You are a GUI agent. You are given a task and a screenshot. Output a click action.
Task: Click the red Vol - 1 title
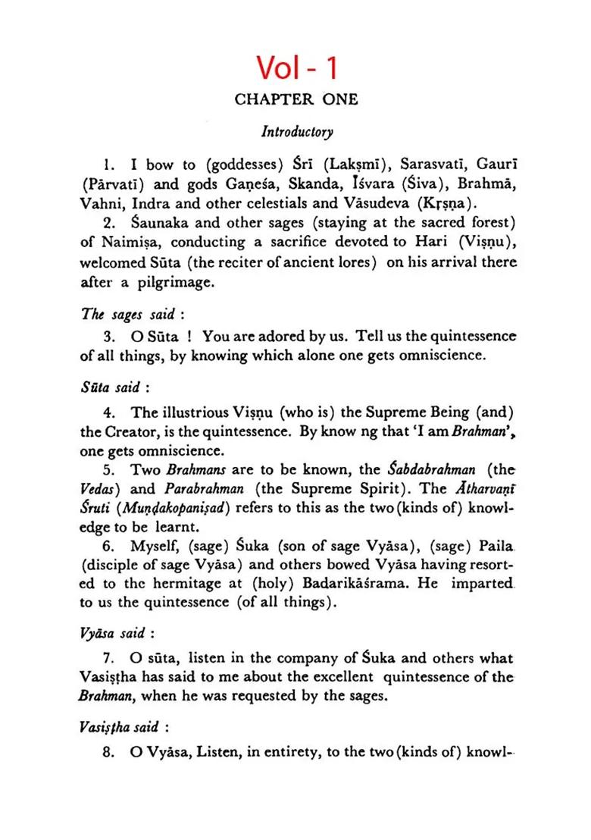(x=296, y=67)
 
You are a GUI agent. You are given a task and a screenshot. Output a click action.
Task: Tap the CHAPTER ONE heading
(x=296, y=100)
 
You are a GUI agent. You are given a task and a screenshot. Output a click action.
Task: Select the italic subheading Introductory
(x=297, y=132)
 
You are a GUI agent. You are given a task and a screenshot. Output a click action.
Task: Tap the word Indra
(x=155, y=204)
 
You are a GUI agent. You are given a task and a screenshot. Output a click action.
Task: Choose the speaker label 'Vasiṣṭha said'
(x=124, y=727)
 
